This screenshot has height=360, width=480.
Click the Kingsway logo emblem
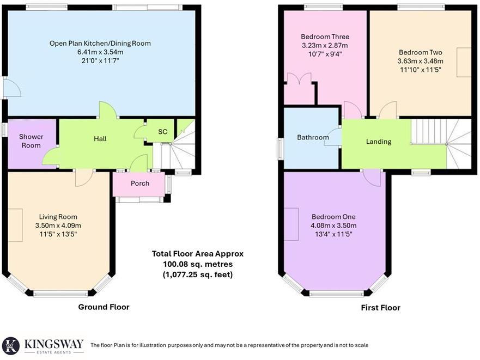pos(11,345)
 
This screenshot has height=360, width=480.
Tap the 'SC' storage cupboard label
pos(162,132)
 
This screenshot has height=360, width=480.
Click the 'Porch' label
pos(140,183)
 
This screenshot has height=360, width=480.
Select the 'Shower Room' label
pos(31,141)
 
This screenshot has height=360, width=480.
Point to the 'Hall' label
pos(100,139)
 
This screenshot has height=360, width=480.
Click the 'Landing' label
pos(379,142)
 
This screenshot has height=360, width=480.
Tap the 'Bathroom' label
pos(313,138)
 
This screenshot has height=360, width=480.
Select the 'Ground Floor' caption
pos(104,307)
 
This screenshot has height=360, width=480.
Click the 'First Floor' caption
pos(380,308)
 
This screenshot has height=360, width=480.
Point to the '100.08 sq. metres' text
pos(197,264)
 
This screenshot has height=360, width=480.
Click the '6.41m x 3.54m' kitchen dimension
pos(100,52)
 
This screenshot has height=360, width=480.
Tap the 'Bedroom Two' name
pos(420,52)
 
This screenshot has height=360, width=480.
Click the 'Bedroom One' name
pos(333,217)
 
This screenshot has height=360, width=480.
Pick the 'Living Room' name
pos(58,217)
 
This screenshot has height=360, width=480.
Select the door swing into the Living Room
pos(84,178)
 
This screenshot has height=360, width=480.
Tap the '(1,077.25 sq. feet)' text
pos(197,274)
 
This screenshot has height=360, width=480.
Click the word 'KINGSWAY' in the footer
pos(53,343)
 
